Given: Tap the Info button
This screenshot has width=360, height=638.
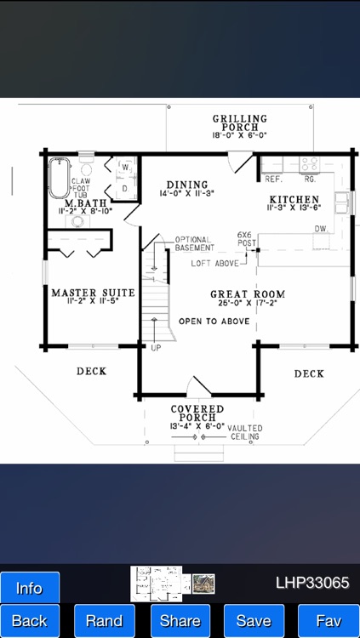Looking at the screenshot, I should pos(30,588).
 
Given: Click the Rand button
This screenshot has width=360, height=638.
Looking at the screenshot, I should pos(104,621).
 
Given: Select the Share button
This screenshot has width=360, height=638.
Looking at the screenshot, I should pos(180,621).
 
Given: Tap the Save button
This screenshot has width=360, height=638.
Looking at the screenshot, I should pos(254,621).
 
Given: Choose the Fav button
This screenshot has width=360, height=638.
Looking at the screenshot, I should pos(328,621).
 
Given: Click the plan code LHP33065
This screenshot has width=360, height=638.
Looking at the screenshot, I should pos(312,584).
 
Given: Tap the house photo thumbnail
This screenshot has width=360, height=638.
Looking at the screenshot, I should pos(203,584).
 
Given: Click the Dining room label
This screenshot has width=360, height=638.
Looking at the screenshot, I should pos(186,185).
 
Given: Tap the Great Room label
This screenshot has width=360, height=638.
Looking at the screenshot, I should pos(248,294).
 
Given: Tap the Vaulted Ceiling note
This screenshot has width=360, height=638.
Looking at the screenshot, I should pos(246,432).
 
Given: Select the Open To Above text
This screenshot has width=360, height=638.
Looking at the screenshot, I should pos(214,322).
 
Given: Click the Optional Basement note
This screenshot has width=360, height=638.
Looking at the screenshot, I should pos(193,244).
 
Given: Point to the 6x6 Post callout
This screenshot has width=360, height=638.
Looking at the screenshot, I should pos(245,238).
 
